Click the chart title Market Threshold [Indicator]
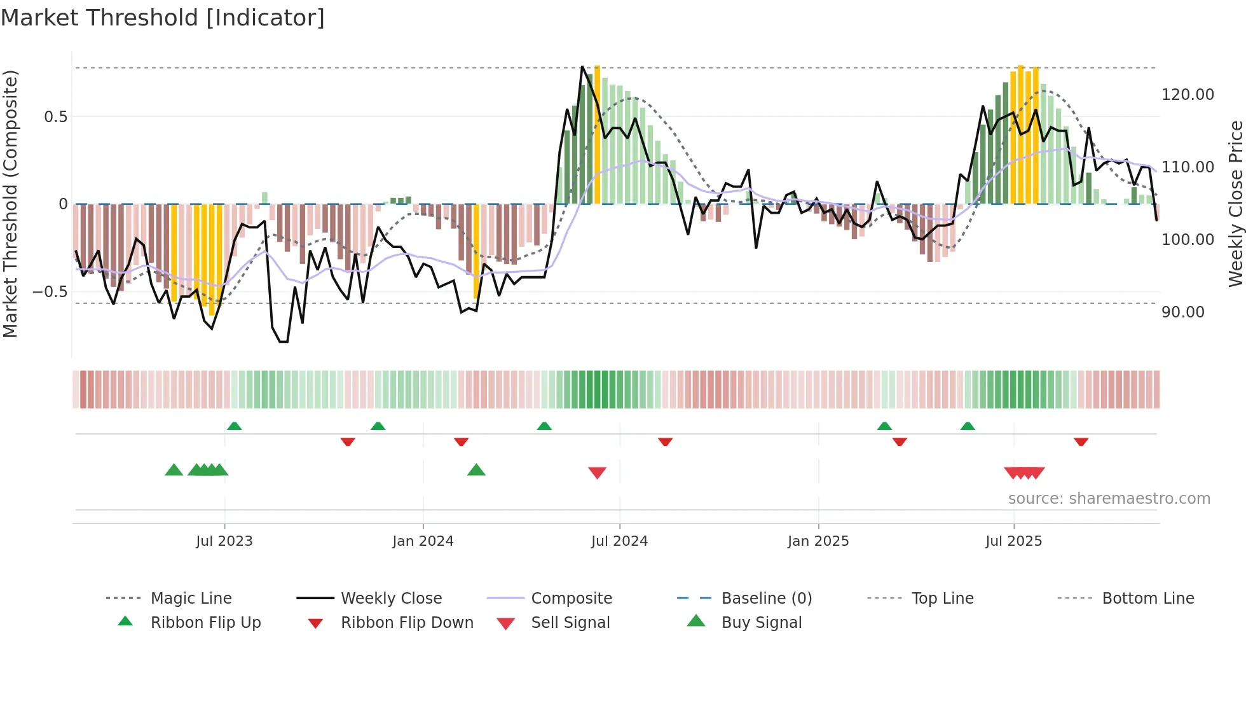coord(163,18)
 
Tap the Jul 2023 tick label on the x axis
coord(224,541)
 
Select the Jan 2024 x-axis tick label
coord(423,541)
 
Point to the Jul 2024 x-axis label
coord(619,541)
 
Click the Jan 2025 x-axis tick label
coord(818,541)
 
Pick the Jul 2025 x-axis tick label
coord(1013,541)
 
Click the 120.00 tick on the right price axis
coord(1188,95)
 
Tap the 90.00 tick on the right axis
coord(1182,312)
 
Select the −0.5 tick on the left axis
coord(50,292)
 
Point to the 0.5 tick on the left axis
coord(55,117)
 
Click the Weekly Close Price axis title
coord(1235,204)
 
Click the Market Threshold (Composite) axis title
coord(10,204)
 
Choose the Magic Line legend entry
coord(191,599)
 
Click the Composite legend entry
coord(571,599)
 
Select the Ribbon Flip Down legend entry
coord(407,623)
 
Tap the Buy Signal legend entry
coord(761,623)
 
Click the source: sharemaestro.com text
coord(1109,499)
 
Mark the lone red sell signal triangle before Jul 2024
coord(597,473)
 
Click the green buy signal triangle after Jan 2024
coord(476,470)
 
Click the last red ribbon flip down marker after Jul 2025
coord(1081,441)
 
